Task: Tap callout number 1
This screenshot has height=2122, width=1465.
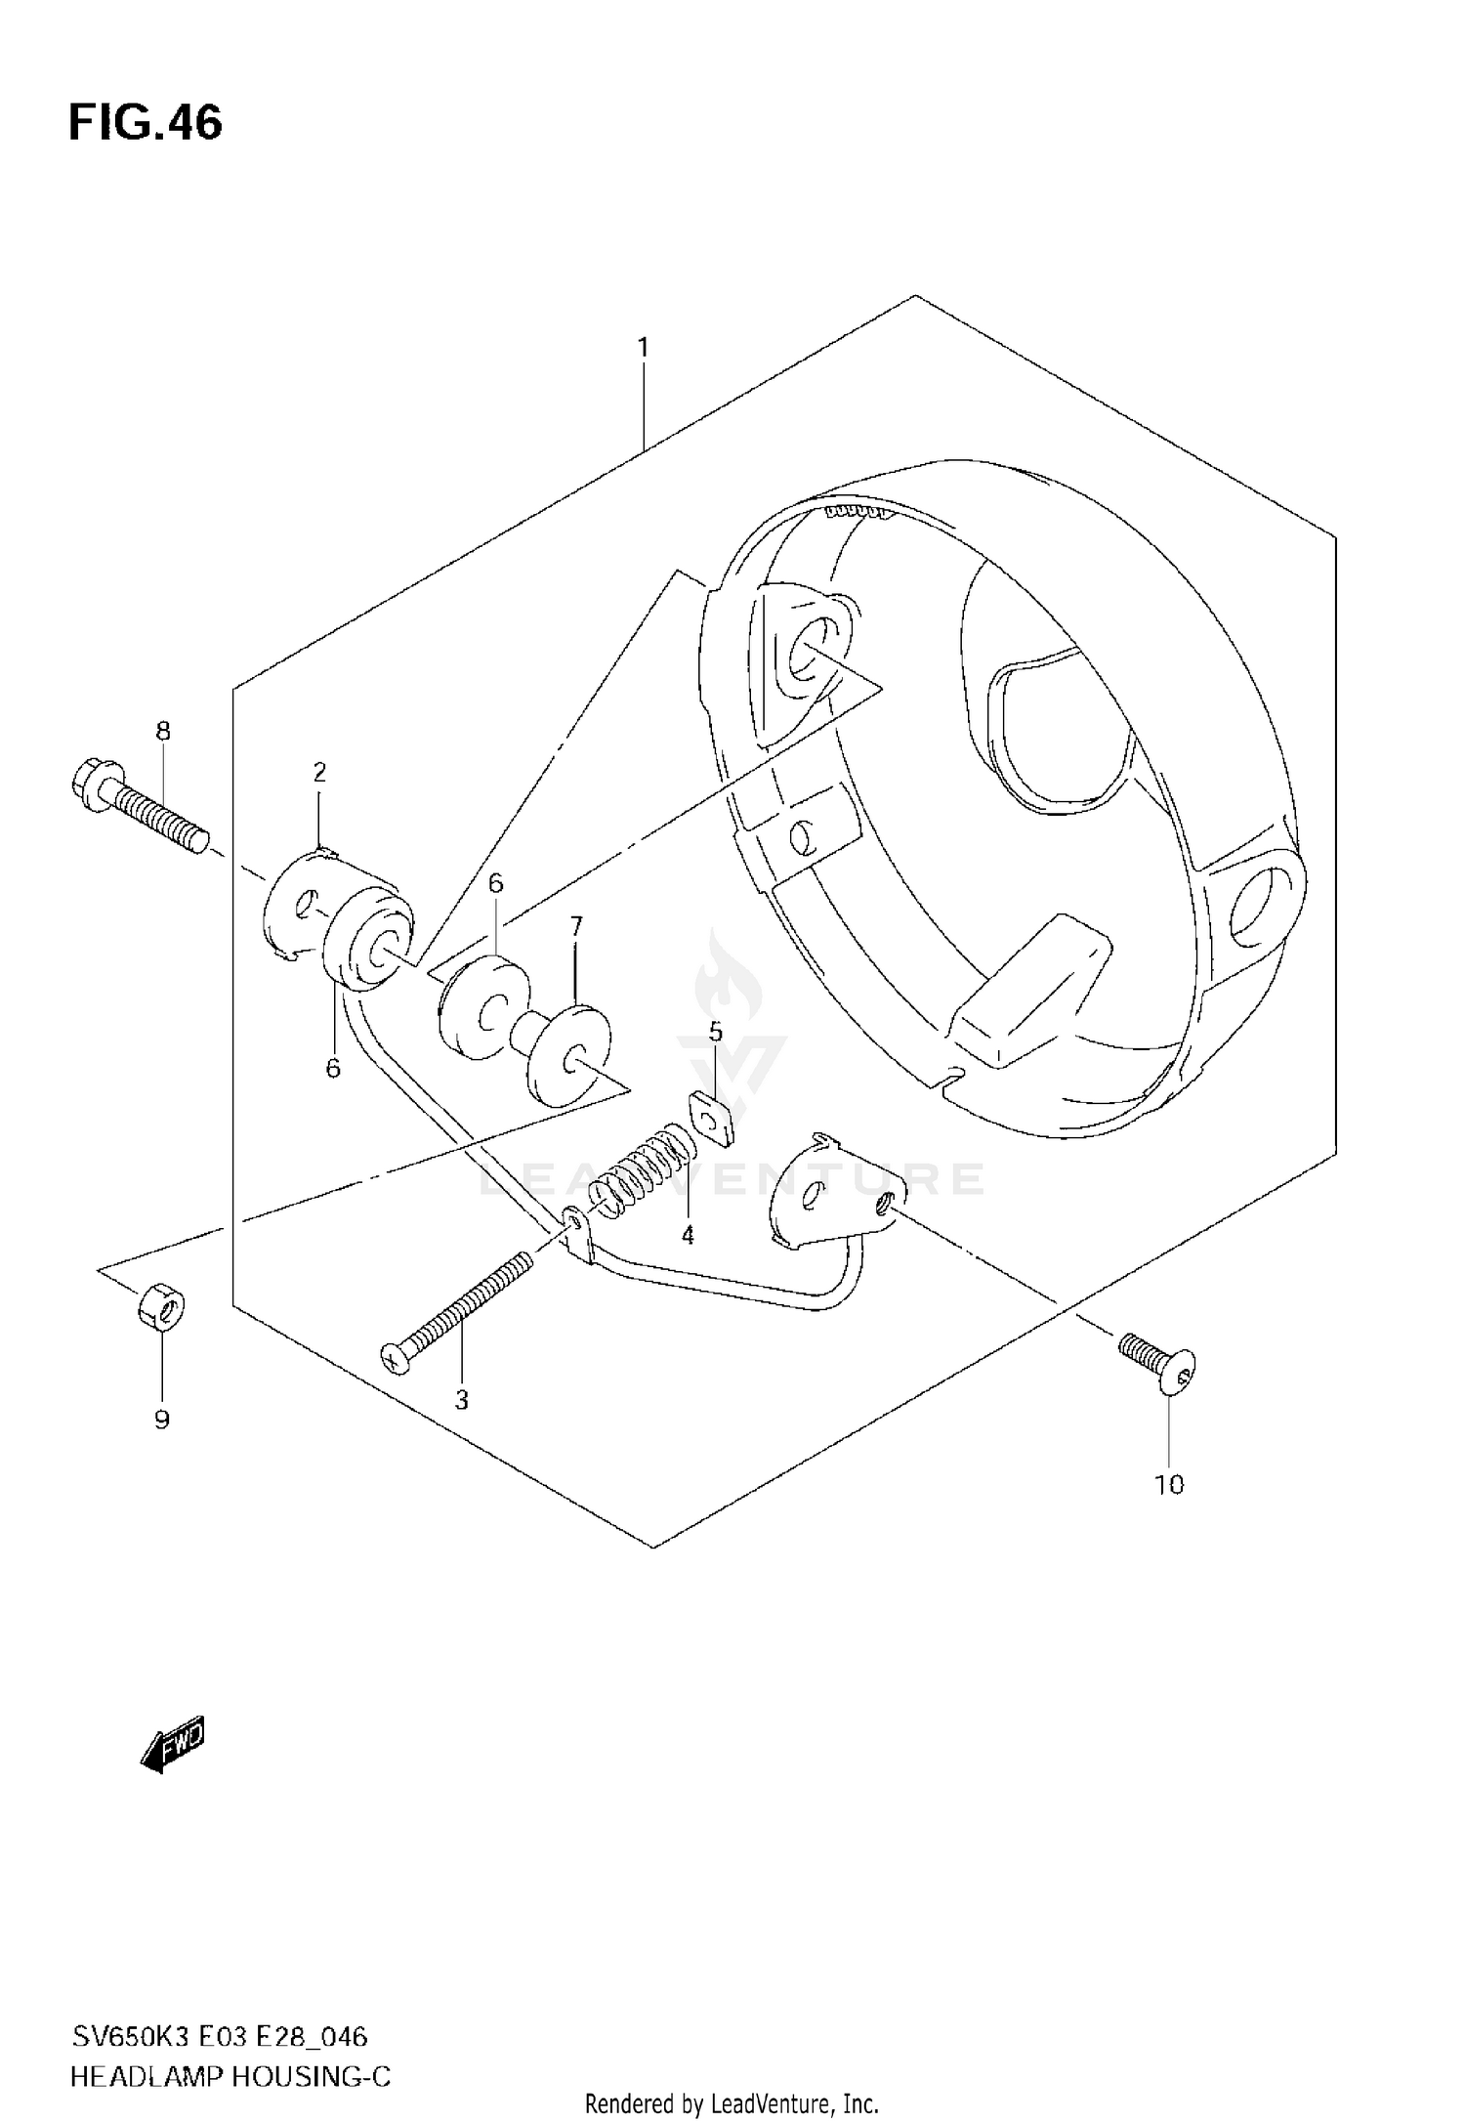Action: pos(643,347)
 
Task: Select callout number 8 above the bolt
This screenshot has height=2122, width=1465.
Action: pos(163,731)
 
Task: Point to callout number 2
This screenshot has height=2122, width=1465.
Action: pos(319,772)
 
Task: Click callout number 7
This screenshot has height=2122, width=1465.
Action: pos(576,924)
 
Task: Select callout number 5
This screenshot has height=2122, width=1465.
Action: pos(715,1032)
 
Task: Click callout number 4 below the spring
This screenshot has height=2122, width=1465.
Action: pos(688,1236)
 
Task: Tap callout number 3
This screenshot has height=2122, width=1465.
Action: pos(461,1400)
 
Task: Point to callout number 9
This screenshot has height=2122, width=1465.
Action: pos(162,1420)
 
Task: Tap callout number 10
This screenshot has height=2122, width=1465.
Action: pos(1168,1485)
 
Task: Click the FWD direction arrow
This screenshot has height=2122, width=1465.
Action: pos(174,1743)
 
